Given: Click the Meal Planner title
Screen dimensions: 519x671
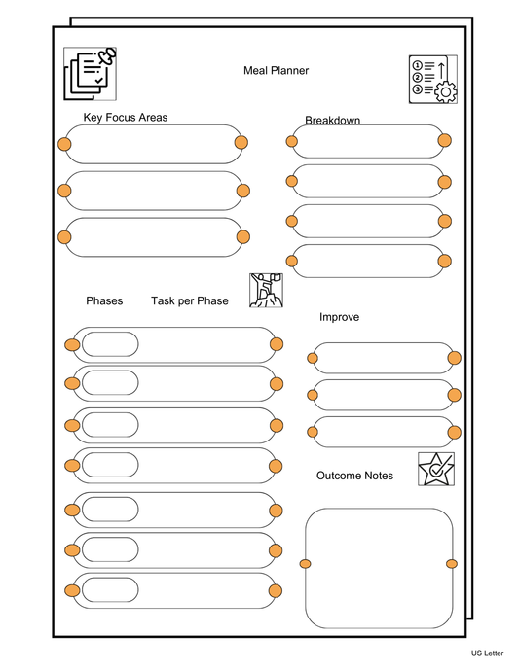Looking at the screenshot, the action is pos(276,70).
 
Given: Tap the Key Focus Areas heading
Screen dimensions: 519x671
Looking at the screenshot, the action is pos(125,118).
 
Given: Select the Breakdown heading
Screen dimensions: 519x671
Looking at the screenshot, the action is pos(332,121).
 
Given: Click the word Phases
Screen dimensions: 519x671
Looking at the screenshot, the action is pos(104,300).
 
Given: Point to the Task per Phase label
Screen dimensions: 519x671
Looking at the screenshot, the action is pos(189,300).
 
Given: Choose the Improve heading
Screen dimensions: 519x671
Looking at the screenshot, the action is pos(339,317).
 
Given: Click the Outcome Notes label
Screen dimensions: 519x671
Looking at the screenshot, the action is pos(354,476).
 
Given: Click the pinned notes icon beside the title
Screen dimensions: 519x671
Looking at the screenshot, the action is pos(89,73).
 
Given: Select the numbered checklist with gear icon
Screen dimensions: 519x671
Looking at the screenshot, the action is pos(432,79).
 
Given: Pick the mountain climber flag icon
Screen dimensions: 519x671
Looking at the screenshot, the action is pos(265,290).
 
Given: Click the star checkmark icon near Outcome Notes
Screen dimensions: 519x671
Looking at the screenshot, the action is pos(435,469).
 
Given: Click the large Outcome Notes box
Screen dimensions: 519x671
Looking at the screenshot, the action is pos(378,568).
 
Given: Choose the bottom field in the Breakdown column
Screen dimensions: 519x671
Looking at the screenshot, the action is pos(368,261).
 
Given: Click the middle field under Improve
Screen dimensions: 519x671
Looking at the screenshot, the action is pos(383,395).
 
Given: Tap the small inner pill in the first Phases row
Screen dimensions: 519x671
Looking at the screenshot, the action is pos(109,345).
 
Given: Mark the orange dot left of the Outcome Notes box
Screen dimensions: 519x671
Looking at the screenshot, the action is pos(305,564).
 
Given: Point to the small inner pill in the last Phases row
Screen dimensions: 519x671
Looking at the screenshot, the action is pos(109,590).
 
